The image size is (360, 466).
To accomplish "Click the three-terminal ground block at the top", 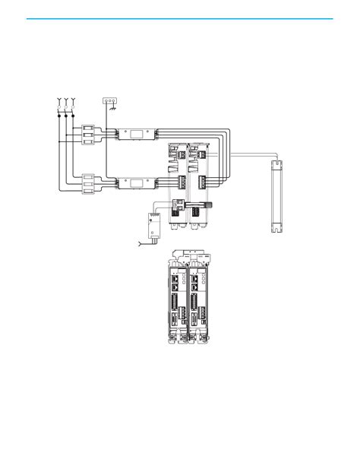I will click(110, 100).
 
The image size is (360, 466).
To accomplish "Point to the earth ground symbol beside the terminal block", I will click(113, 108).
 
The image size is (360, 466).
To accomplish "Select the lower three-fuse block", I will click(87, 184).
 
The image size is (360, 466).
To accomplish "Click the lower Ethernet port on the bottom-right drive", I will click(198, 289).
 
